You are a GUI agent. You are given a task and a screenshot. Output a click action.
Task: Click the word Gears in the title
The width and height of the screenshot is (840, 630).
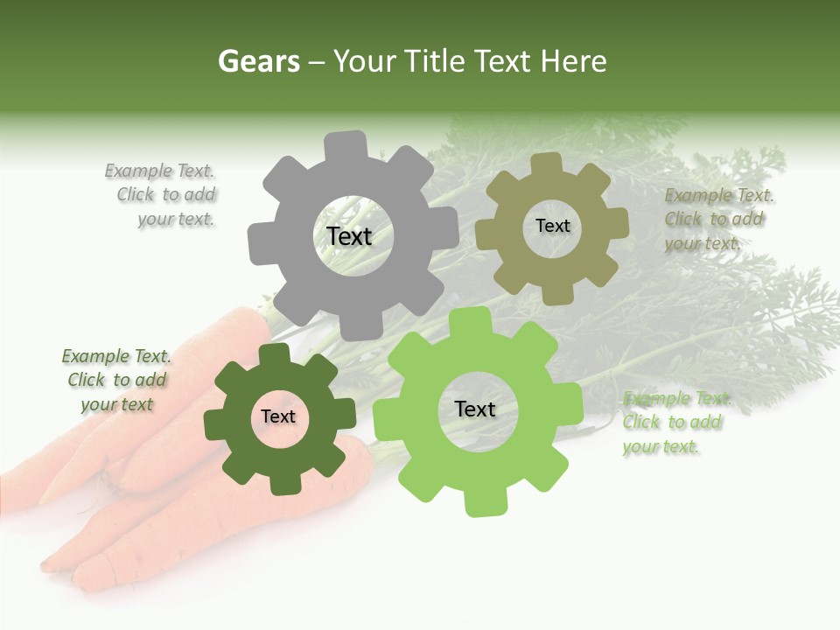tap(258, 61)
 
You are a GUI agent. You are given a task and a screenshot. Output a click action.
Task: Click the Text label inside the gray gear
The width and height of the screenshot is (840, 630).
tap(349, 236)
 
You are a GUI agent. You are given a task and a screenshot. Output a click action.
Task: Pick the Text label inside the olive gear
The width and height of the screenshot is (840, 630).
tap(552, 226)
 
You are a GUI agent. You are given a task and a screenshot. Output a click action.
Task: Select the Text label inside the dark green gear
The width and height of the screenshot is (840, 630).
tap(278, 417)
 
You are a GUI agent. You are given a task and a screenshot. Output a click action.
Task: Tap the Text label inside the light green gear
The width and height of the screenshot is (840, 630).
tap(475, 409)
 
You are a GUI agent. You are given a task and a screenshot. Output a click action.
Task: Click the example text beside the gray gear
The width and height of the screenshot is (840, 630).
tap(165, 195)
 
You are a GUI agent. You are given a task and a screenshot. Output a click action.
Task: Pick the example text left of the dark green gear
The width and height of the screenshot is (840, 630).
tap(116, 381)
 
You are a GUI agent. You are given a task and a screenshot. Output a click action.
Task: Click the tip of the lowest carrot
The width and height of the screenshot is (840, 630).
tap(48, 564)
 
